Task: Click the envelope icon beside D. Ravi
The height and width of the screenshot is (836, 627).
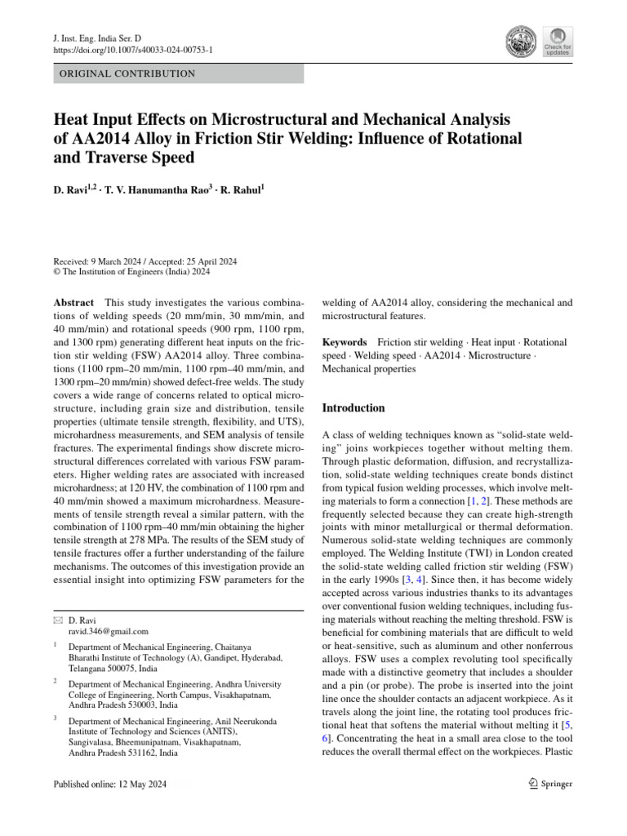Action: (x=56, y=620)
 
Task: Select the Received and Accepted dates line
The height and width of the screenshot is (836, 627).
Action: (x=144, y=261)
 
